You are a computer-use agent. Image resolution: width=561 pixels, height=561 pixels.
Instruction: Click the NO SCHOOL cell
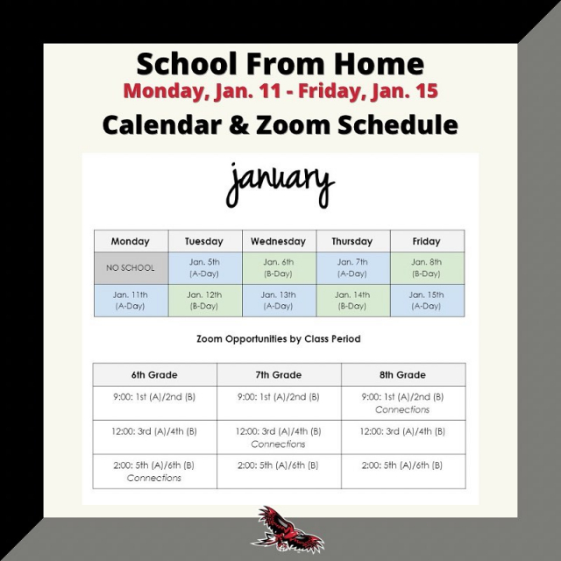click(x=131, y=268)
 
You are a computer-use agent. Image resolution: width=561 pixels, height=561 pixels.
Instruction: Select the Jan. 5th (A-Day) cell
click(x=205, y=268)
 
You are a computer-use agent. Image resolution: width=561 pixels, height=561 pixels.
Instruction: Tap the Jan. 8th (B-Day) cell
click(x=428, y=268)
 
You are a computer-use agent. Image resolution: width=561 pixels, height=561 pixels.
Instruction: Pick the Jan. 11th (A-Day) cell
click(x=131, y=301)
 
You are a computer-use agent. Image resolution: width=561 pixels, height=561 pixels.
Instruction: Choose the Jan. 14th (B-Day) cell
click(x=353, y=301)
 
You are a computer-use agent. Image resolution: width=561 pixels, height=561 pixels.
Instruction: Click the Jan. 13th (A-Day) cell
click(x=280, y=301)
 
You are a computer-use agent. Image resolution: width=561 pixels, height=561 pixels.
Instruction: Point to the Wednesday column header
click(x=280, y=241)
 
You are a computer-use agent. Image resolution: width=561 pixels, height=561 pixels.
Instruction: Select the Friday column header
click(x=428, y=241)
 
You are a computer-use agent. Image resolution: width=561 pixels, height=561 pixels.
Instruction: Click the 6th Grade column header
click(x=154, y=374)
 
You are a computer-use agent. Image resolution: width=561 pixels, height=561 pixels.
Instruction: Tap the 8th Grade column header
click(x=403, y=374)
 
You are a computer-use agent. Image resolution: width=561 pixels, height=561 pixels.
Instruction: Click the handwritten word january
click(x=280, y=185)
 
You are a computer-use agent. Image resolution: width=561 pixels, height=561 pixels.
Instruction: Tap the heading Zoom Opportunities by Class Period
click(x=279, y=339)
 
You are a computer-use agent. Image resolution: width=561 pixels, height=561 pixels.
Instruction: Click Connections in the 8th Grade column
click(x=402, y=409)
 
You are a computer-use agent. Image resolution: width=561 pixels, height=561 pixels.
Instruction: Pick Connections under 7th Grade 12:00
click(x=278, y=444)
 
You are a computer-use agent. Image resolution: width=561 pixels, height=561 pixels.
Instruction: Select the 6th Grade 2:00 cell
click(x=154, y=472)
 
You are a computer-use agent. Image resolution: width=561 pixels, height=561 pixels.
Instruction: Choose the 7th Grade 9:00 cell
click(x=279, y=403)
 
